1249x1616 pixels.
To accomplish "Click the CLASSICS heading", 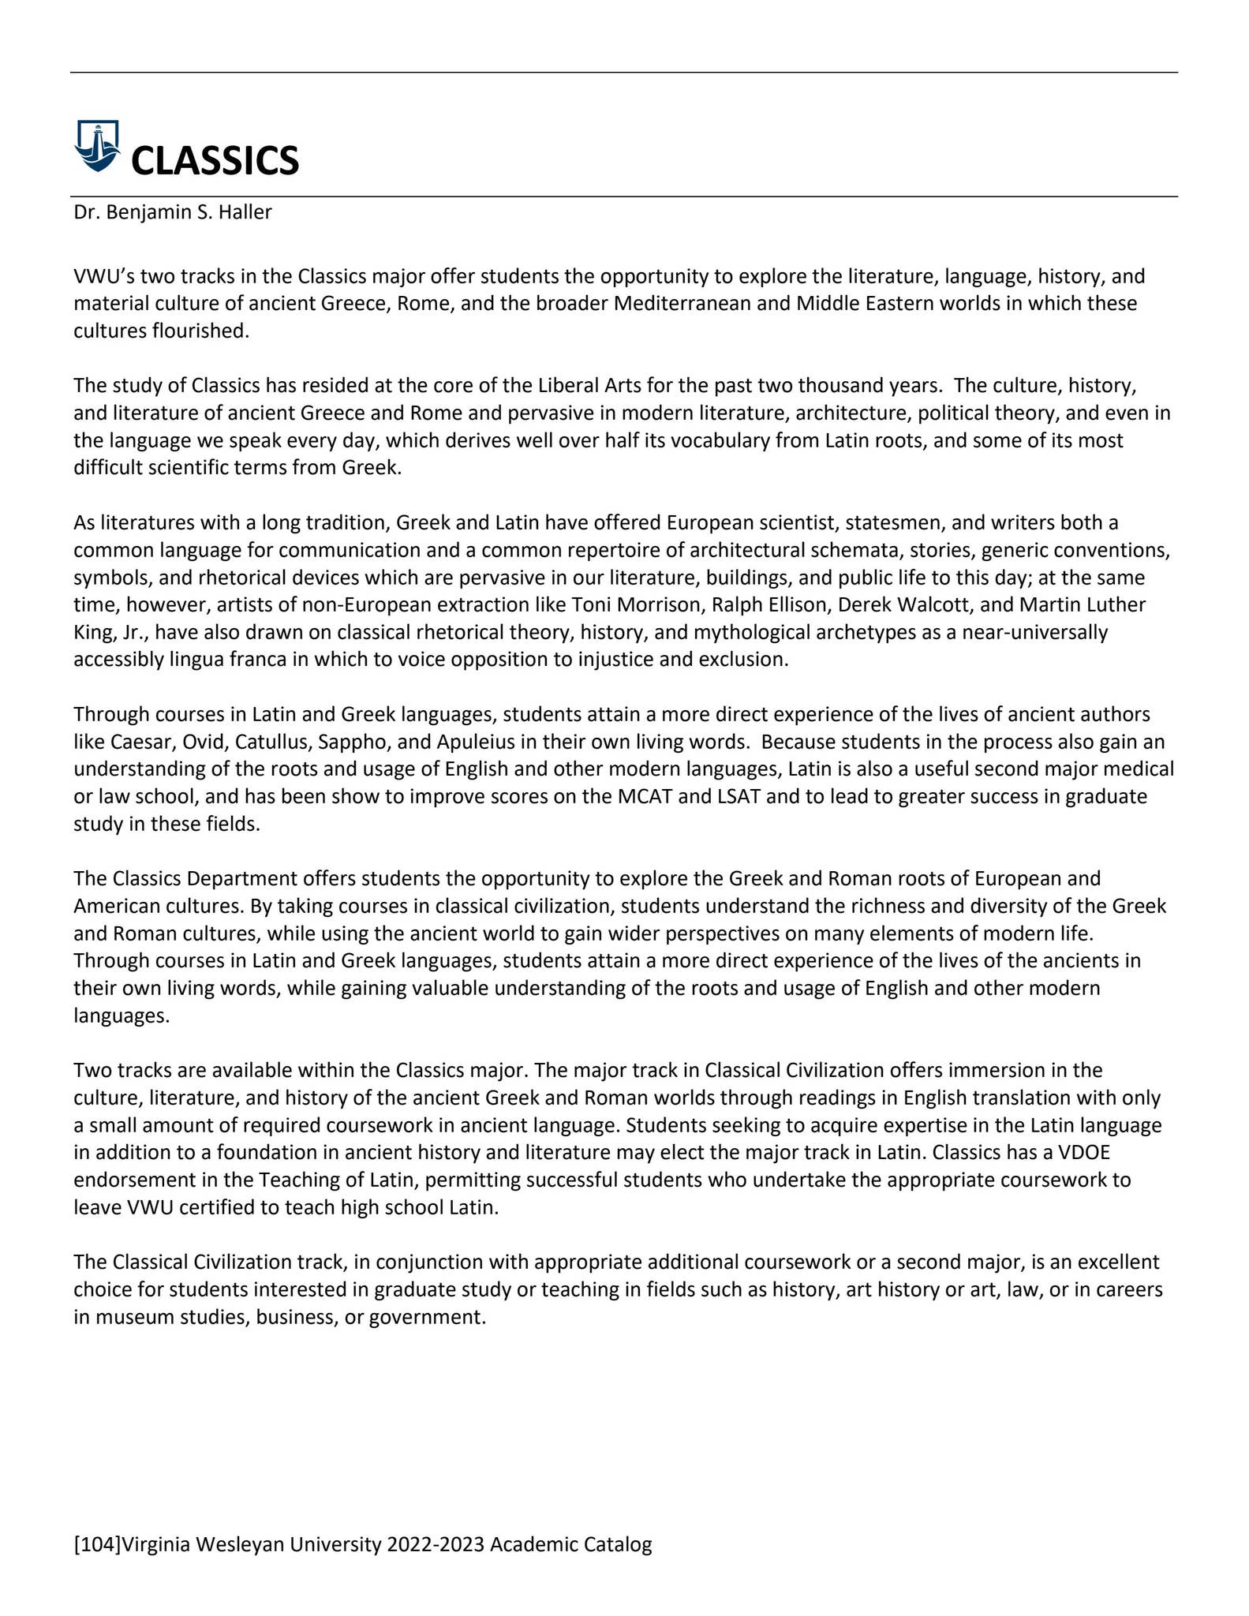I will [215, 160].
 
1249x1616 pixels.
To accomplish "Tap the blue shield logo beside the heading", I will [97, 145].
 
